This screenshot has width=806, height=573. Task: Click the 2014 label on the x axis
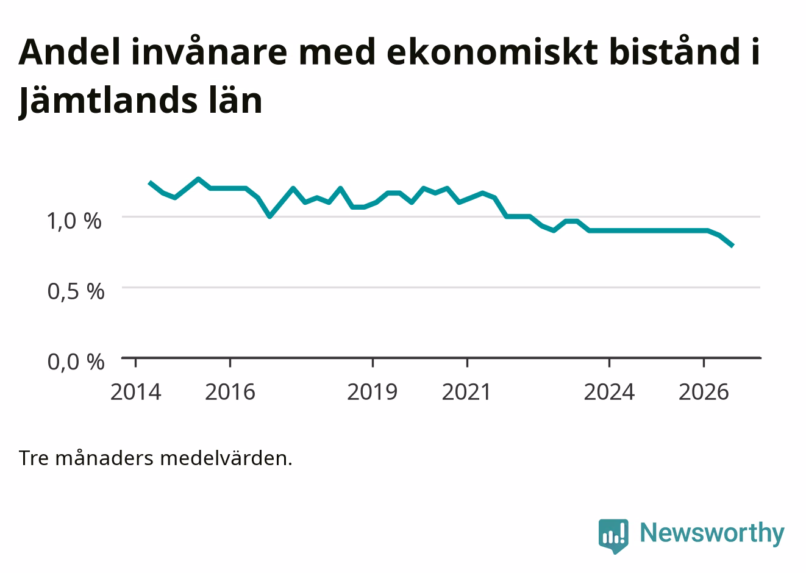tap(135, 392)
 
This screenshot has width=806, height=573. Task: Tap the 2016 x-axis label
tap(230, 392)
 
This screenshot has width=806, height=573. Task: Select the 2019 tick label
tap(372, 392)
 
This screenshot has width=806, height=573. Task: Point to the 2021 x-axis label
tap(466, 392)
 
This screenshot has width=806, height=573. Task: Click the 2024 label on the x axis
tap(609, 392)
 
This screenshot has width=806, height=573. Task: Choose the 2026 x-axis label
tap(704, 392)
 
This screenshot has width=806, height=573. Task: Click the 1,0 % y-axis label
tap(74, 221)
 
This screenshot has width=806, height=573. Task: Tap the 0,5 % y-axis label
tap(76, 291)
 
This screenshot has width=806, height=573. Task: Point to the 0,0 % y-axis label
tap(76, 362)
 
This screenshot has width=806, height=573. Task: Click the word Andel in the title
tap(69, 52)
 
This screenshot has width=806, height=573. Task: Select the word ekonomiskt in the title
tap(493, 52)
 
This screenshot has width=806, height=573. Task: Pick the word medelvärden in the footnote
tap(226, 458)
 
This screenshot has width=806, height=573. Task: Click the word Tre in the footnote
tap(34, 459)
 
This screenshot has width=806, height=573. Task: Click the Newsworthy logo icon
tap(613, 536)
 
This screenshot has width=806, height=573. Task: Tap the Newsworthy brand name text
tap(712, 533)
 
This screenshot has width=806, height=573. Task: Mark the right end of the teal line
tap(733, 246)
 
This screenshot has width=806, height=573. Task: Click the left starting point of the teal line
tap(150, 182)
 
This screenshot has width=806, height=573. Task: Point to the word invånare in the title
tap(209, 51)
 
